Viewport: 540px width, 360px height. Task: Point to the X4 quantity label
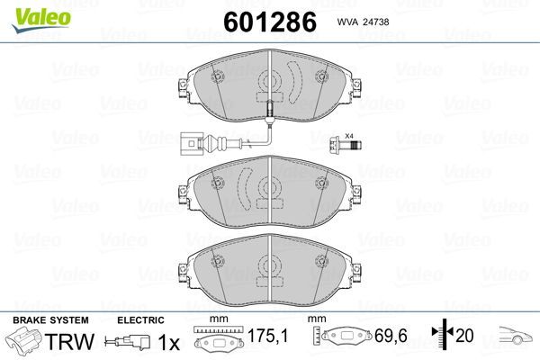pos(351,135)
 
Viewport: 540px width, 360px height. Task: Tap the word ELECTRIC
pos(139,320)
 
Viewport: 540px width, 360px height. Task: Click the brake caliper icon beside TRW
pos(24,343)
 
